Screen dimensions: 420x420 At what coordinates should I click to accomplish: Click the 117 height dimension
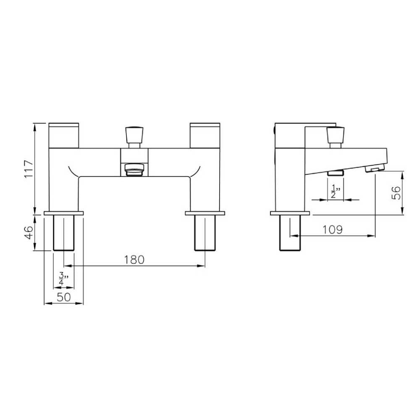29,169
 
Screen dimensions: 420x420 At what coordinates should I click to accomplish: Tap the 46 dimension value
29,233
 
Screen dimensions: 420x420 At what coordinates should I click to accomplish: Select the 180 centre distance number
134,260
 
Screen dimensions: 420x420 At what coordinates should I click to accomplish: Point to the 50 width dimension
64,297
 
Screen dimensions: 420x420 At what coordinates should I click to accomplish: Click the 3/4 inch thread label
63,278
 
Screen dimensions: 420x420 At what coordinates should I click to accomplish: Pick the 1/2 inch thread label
335,191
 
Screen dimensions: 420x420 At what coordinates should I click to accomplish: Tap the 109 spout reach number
332,230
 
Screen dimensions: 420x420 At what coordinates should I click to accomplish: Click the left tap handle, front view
64,136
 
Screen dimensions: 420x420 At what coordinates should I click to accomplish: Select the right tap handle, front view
205,136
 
